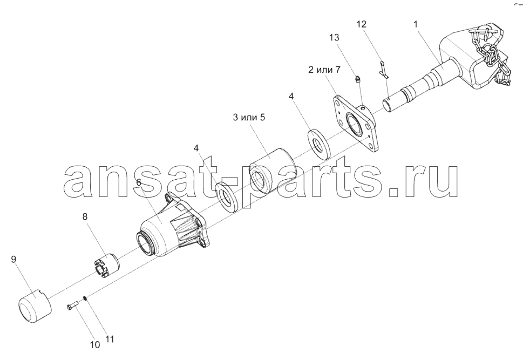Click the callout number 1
tap(415, 24)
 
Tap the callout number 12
tap(361, 24)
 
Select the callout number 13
tap(334, 37)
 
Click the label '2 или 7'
tap(324, 70)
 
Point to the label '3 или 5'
tap(249, 118)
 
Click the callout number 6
tap(139, 182)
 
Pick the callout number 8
tap(85, 217)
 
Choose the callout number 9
tap(13, 259)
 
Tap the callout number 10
tap(95, 345)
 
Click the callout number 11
tap(110, 339)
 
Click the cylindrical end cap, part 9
tap(35, 306)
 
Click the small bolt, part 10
tap(73, 304)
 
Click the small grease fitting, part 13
tap(357, 79)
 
